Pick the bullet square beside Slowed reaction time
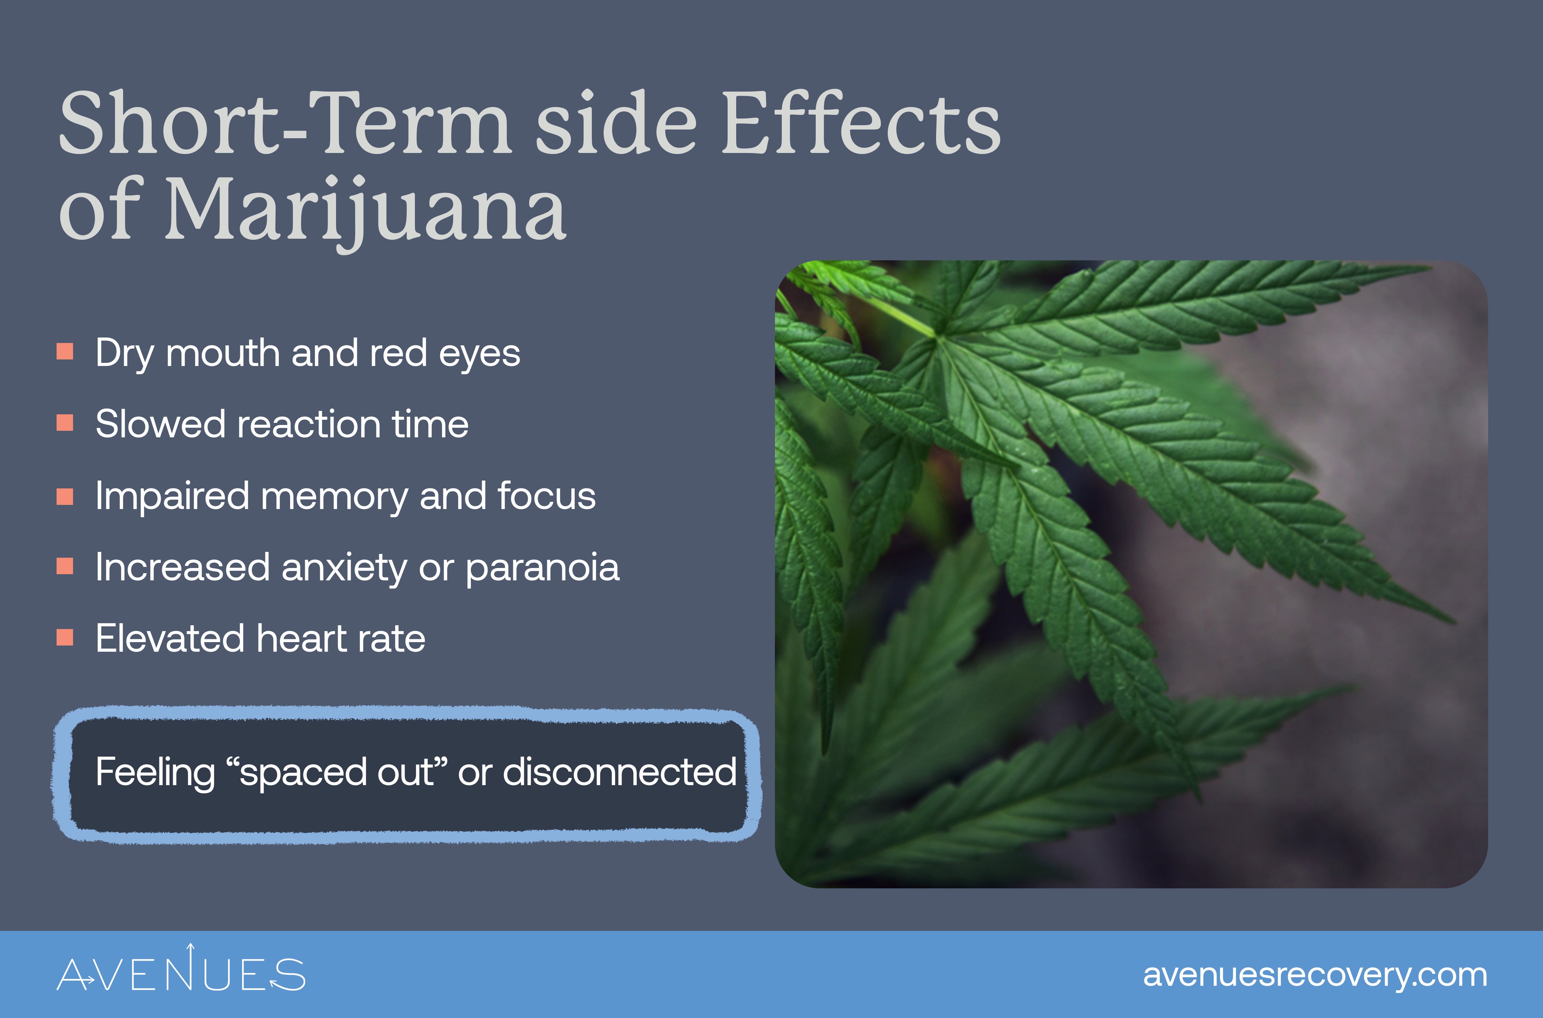tap(65, 423)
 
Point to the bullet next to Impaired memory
tap(65, 497)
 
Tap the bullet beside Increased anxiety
tap(65, 567)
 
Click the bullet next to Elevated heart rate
tap(65, 638)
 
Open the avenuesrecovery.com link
tap(1315, 975)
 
